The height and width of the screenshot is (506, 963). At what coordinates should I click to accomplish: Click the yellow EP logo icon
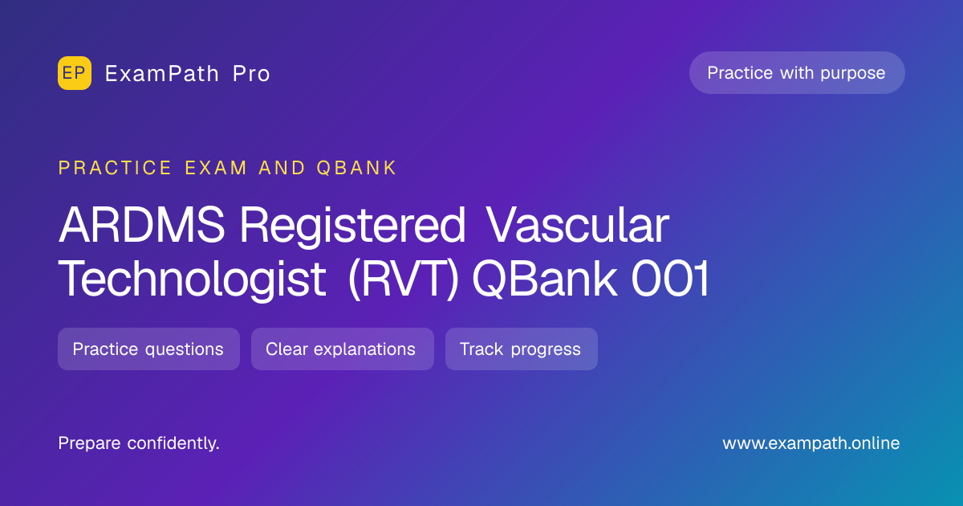click(75, 73)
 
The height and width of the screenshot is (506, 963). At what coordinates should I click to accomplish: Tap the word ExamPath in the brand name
click(162, 74)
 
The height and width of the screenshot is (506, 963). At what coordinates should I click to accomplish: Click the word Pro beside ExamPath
click(251, 74)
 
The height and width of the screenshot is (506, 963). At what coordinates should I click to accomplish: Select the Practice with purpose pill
click(797, 73)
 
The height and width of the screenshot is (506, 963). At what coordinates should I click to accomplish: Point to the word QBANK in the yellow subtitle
click(356, 168)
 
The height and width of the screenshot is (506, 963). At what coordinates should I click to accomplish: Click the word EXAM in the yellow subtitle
click(216, 168)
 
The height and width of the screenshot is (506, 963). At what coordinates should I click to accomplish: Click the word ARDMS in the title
click(142, 225)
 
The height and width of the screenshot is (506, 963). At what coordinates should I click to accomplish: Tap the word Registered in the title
click(352, 226)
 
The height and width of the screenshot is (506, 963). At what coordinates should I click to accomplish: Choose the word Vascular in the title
click(577, 225)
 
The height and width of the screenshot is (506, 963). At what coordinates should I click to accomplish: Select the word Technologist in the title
click(192, 280)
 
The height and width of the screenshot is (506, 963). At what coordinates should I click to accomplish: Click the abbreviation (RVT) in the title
click(403, 279)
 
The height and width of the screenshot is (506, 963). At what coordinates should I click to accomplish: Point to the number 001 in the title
click(670, 278)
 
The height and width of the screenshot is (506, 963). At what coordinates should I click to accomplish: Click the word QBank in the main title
click(544, 278)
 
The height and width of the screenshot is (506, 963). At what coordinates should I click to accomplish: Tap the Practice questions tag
click(148, 349)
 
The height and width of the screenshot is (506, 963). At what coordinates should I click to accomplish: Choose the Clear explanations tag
click(343, 349)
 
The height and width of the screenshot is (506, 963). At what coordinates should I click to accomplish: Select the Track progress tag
click(522, 349)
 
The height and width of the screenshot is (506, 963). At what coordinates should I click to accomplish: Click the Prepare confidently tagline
click(139, 443)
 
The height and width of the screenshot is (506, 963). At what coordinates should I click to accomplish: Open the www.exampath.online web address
click(811, 443)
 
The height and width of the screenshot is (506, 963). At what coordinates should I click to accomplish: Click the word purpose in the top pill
click(852, 74)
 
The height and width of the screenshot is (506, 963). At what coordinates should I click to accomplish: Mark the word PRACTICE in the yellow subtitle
click(115, 168)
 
